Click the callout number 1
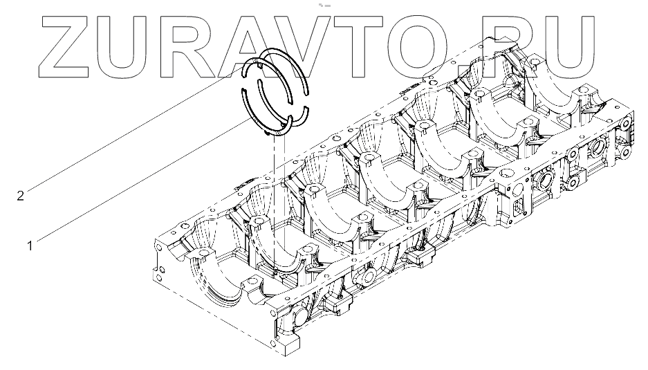click(30, 246)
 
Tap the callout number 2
click(21, 196)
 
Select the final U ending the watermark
click(568, 48)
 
